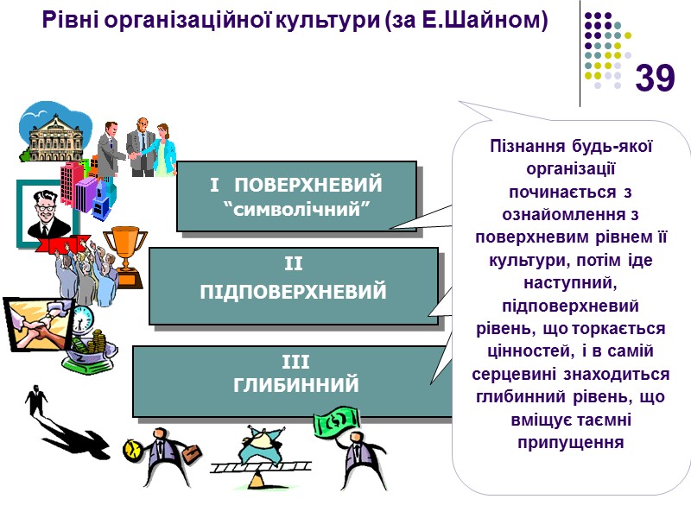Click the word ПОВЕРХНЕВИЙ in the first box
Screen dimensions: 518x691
coord(308,185)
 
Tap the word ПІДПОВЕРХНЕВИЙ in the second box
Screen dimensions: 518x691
coord(293,293)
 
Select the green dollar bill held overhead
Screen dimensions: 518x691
coord(336,423)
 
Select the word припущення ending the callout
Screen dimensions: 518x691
coord(570,441)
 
